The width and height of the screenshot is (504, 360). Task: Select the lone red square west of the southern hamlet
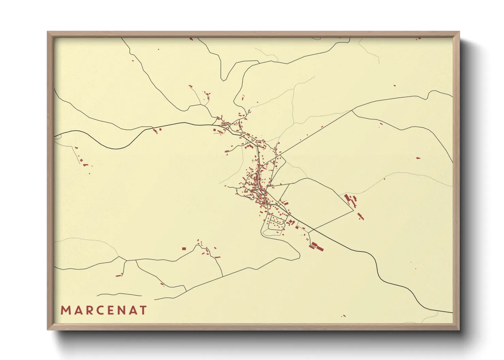(184, 249)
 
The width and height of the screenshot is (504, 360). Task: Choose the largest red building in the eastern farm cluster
(348, 198)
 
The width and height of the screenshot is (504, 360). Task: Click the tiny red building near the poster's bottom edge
(344, 316)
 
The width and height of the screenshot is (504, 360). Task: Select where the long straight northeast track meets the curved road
(352, 111)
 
